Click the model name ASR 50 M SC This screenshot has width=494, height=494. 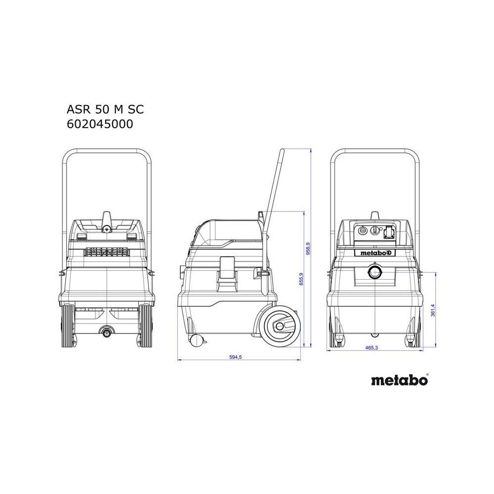(105, 109)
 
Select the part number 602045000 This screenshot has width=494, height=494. (100, 124)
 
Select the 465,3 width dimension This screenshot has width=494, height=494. (371, 347)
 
